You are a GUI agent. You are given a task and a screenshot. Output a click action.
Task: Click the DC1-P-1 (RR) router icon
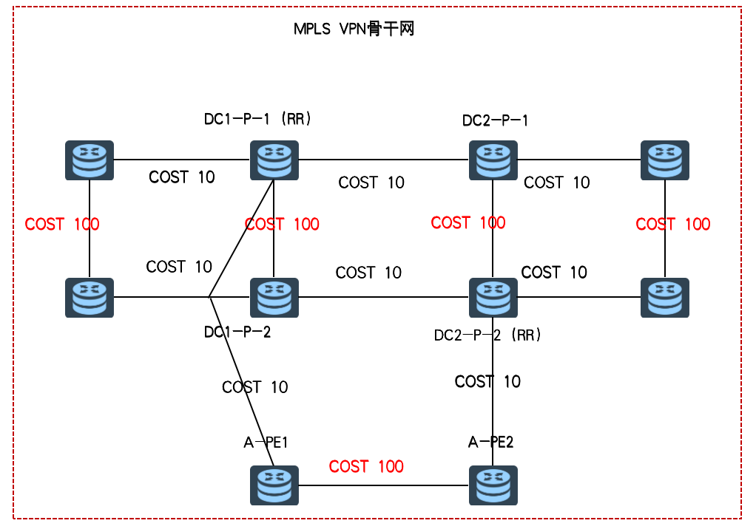(x=274, y=160)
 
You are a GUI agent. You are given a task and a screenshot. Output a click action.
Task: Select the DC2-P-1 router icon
(x=493, y=160)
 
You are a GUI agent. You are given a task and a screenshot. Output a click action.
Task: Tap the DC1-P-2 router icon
(x=274, y=298)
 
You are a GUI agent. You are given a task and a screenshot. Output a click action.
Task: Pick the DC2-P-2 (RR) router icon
(x=493, y=298)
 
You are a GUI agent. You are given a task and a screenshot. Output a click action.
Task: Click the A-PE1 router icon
(x=274, y=485)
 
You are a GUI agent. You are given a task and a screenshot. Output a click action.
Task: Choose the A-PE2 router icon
(x=493, y=485)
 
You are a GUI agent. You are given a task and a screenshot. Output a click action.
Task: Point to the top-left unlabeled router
(x=90, y=160)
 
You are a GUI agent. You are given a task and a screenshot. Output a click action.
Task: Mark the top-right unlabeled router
(x=665, y=160)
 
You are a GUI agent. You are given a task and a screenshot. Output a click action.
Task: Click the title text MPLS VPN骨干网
(x=353, y=30)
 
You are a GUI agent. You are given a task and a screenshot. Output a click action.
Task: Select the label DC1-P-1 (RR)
(x=257, y=118)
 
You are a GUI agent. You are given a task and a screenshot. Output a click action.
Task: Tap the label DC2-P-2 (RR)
(x=488, y=335)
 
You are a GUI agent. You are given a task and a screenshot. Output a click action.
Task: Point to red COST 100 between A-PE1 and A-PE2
(x=366, y=466)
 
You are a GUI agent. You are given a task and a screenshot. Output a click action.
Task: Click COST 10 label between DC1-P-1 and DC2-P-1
(x=371, y=182)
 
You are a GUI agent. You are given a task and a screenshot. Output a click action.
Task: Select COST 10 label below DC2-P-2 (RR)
(x=487, y=381)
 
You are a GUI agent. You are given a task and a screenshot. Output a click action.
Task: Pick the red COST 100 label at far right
(x=673, y=224)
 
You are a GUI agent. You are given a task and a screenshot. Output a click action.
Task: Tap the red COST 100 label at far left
(x=62, y=224)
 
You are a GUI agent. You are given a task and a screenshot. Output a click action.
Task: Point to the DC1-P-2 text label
(x=237, y=332)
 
